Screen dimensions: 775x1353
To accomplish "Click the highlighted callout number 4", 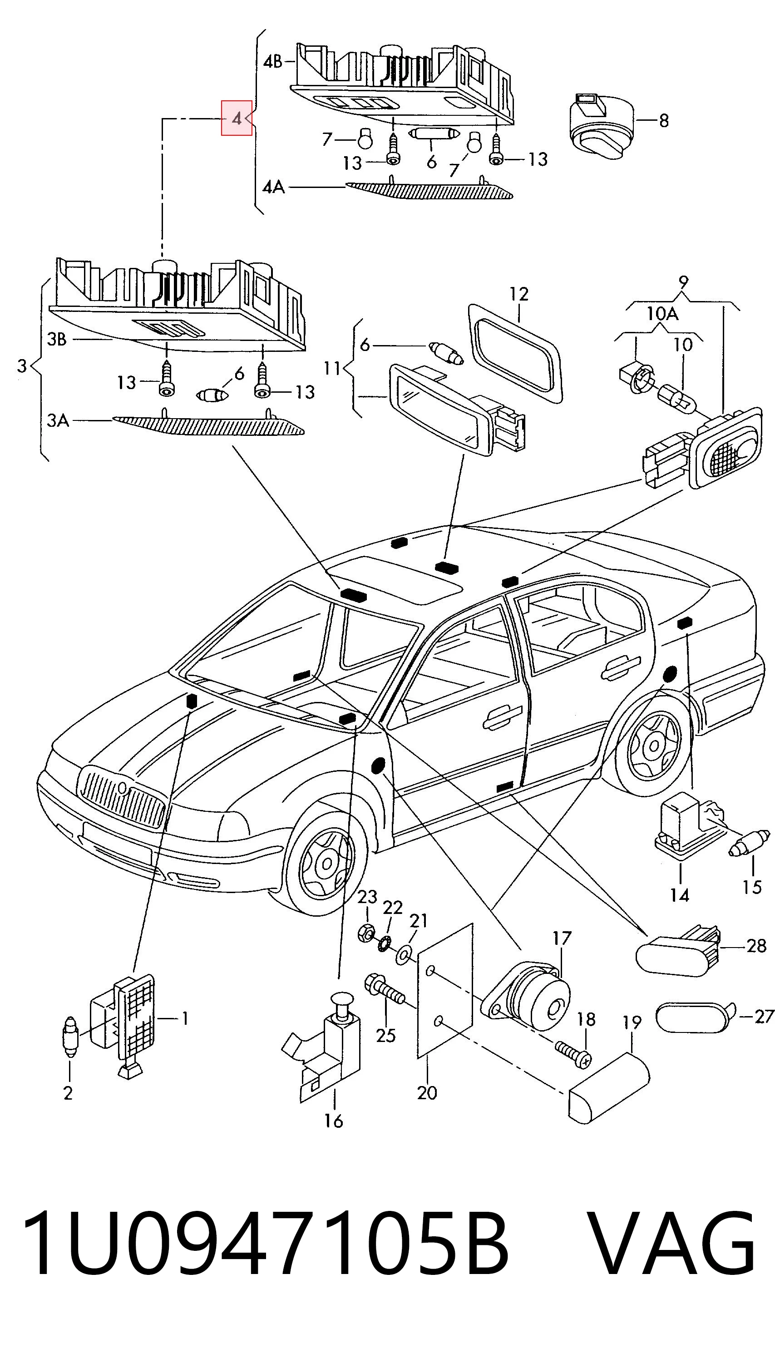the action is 237,118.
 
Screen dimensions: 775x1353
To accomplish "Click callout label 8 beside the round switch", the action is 663,121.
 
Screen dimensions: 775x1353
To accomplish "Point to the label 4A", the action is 274,188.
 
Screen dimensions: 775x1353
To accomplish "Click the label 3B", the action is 57,340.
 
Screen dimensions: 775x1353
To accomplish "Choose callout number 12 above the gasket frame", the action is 518,294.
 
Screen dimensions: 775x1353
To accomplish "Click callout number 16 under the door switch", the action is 334,1121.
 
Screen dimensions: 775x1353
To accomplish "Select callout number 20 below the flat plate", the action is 427,1093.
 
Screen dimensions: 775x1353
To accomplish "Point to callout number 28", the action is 756,945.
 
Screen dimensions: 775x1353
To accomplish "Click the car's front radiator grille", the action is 121,797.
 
